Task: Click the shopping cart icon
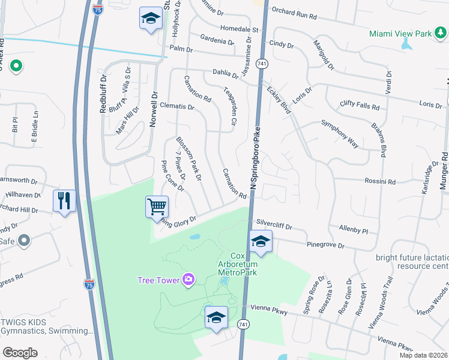157,207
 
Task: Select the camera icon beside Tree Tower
188,278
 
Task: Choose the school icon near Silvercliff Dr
261,242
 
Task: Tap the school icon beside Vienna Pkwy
216,317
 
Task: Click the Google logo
20,353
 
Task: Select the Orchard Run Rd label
294,10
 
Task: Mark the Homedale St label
238,28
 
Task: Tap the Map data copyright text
421,355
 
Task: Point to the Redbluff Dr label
103,93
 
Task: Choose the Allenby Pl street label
353,230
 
